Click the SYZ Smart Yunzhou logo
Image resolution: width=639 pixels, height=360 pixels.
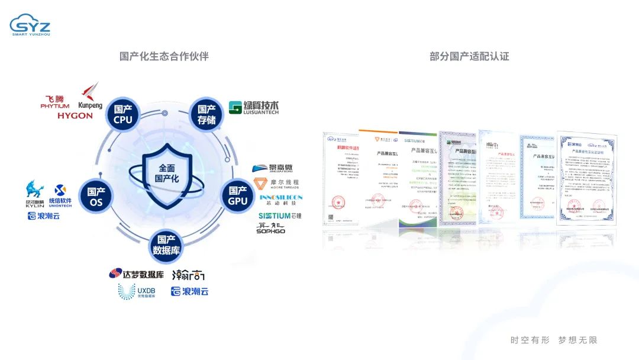click(30, 24)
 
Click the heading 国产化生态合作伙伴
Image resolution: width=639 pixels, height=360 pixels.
click(164, 56)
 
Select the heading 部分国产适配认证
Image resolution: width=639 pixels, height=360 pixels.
click(469, 56)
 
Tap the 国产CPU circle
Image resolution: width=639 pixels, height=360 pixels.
click(123, 115)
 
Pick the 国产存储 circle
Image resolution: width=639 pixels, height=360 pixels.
click(206, 115)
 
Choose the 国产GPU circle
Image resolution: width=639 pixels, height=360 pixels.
click(238, 197)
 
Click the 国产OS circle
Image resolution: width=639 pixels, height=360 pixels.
click(96, 197)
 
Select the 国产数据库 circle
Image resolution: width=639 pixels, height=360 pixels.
click(166, 245)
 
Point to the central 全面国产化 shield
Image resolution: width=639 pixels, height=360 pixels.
click(167, 173)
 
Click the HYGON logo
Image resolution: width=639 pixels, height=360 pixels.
click(75, 116)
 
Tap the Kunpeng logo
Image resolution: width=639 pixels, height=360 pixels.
click(90, 97)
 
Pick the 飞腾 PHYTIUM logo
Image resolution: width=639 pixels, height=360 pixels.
click(55, 102)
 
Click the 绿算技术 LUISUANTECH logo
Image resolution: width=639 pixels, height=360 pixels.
click(253, 107)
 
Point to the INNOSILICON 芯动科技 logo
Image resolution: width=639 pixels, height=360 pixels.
click(280, 200)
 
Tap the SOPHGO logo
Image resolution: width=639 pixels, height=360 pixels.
click(271, 227)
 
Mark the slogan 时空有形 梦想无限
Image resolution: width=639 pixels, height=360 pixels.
click(554, 340)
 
